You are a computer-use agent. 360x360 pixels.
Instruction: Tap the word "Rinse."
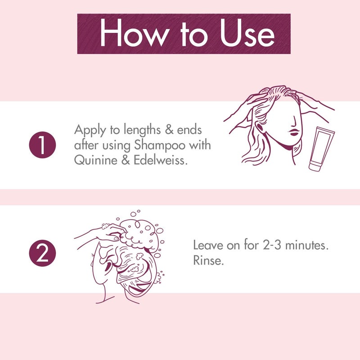[208, 261]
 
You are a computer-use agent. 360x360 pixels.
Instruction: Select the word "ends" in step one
[189, 131]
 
